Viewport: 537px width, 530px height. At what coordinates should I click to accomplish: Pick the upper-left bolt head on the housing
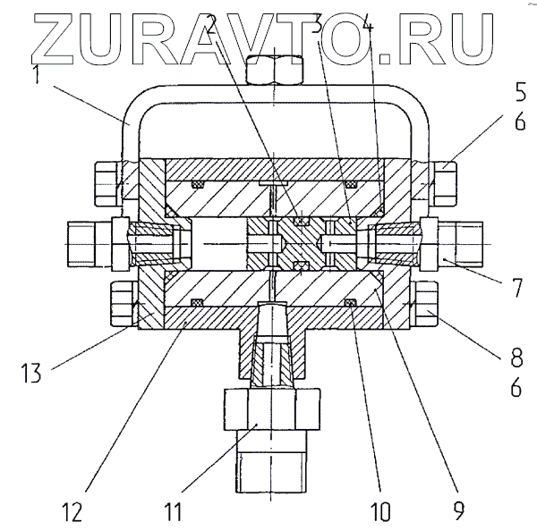point(104,181)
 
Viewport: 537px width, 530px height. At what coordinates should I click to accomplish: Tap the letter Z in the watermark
point(42,36)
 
